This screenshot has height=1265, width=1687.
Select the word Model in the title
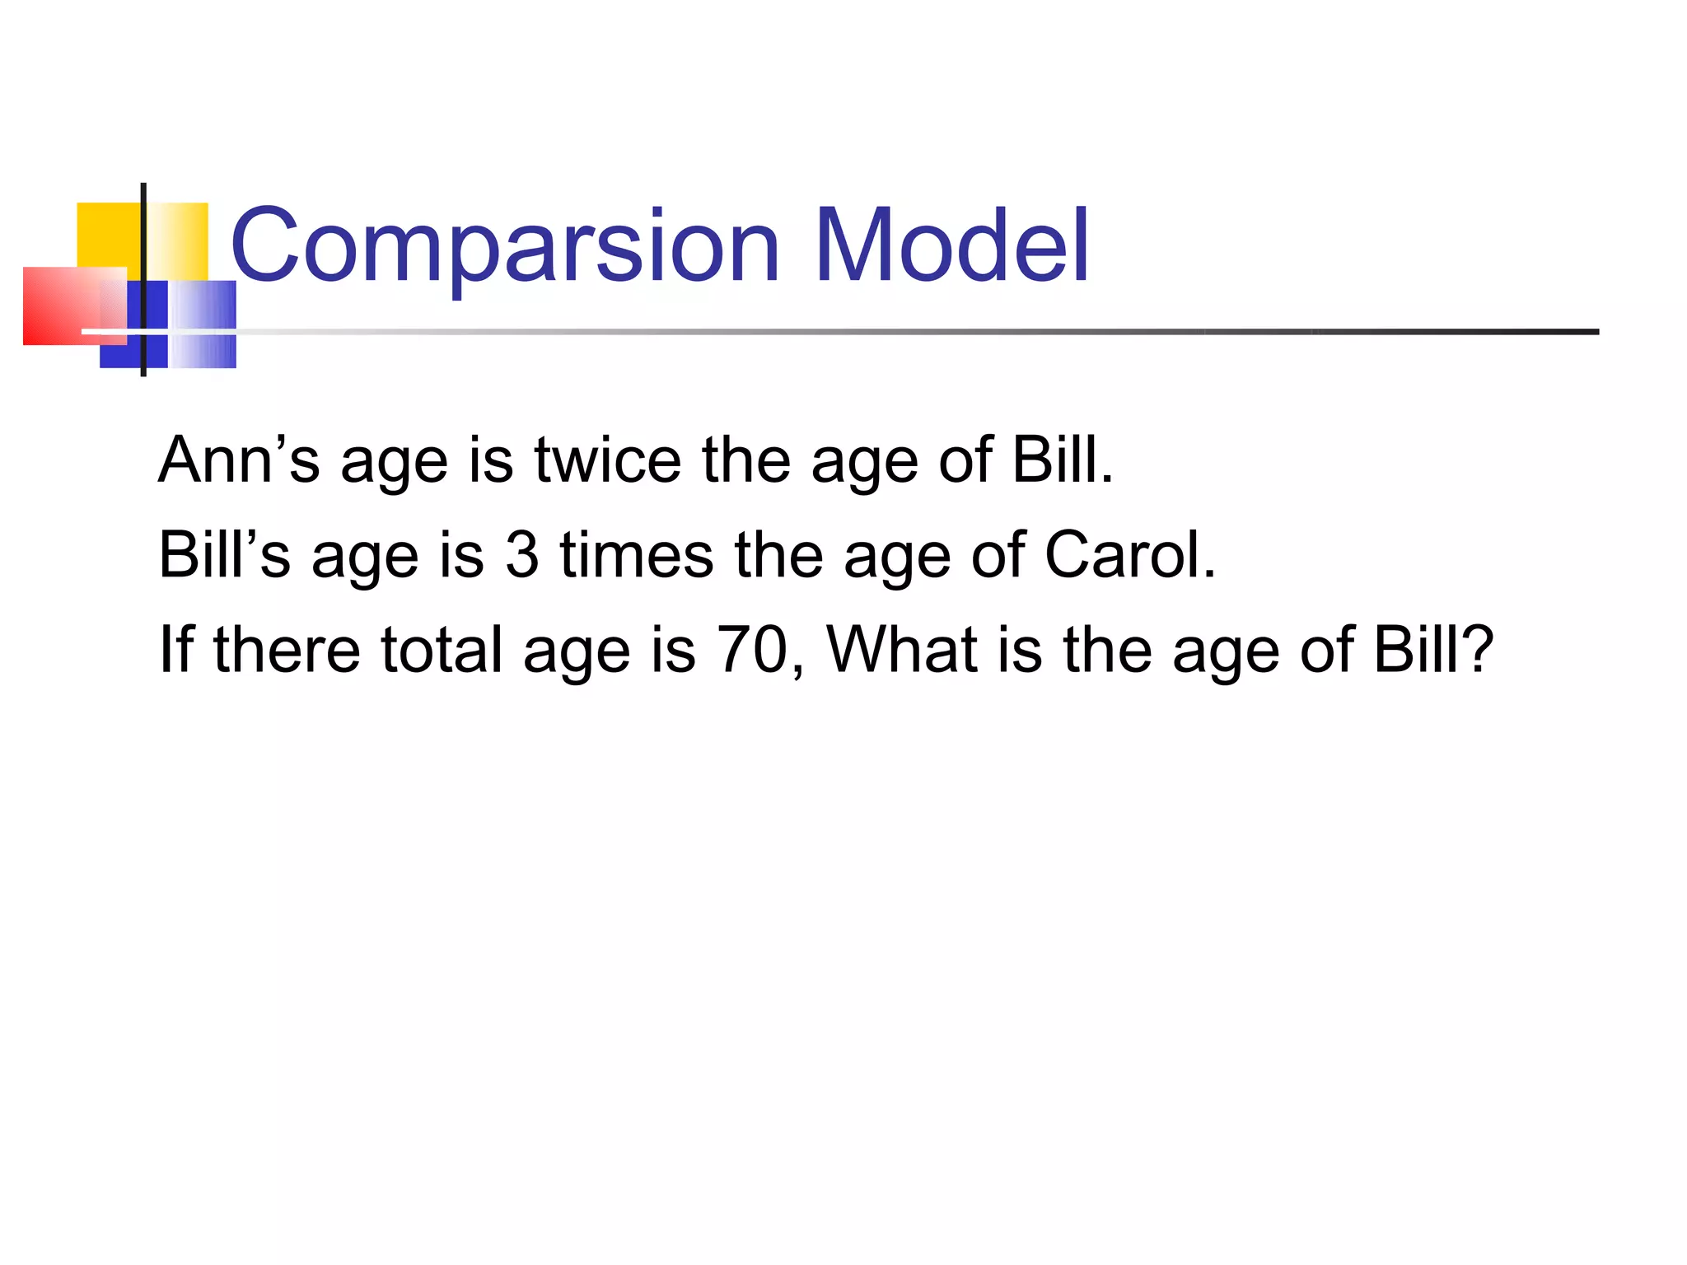tap(951, 245)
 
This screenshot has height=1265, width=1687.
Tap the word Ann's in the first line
tap(238, 460)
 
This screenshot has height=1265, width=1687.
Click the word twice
tap(607, 460)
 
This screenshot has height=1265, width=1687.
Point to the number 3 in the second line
tap(521, 554)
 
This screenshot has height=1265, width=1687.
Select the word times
tap(636, 554)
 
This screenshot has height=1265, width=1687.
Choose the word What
tap(901, 649)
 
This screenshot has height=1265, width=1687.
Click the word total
tap(442, 649)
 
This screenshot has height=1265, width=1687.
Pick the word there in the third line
tap(287, 649)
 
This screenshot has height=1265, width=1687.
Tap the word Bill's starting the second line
tap(224, 554)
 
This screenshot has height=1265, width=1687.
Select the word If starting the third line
tap(175, 649)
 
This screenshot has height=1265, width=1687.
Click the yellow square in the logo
tap(107, 234)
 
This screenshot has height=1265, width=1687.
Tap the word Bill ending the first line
tap(1061, 460)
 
